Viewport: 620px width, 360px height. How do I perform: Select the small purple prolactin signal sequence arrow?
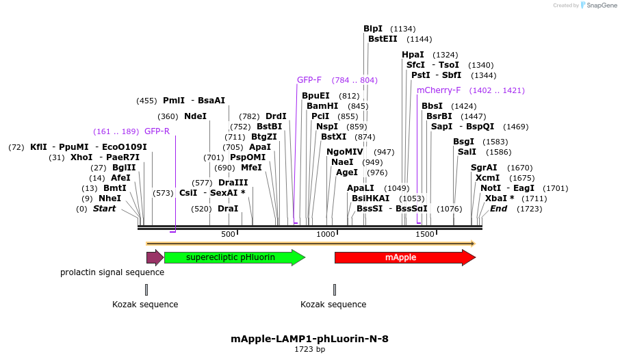(x=155, y=257)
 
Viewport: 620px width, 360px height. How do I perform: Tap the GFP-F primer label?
(x=309, y=80)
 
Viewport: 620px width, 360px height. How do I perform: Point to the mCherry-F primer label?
(x=439, y=90)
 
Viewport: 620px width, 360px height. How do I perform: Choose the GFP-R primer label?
(x=157, y=131)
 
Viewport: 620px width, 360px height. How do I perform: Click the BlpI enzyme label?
(x=373, y=29)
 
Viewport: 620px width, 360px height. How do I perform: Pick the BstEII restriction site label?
(x=383, y=39)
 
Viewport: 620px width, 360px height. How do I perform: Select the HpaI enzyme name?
(x=413, y=55)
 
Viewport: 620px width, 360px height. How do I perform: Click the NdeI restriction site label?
(x=195, y=116)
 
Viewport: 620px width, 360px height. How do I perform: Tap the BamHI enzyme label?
(x=322, y=106)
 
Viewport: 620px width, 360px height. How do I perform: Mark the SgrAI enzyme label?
(x=484, y=168)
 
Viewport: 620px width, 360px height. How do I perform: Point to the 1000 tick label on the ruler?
(x=326, y=235)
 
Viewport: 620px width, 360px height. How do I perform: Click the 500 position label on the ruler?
(x=228, y=235)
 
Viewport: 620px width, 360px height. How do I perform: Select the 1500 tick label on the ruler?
(x=425, y=235)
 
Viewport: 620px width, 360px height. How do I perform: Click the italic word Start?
(x=105, y=209)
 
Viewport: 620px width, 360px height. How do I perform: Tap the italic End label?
(x=498, y=209)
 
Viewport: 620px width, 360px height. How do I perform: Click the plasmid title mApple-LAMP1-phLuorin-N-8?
(x=310, y=338)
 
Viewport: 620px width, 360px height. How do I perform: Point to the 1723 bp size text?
(x=310, y=350)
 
